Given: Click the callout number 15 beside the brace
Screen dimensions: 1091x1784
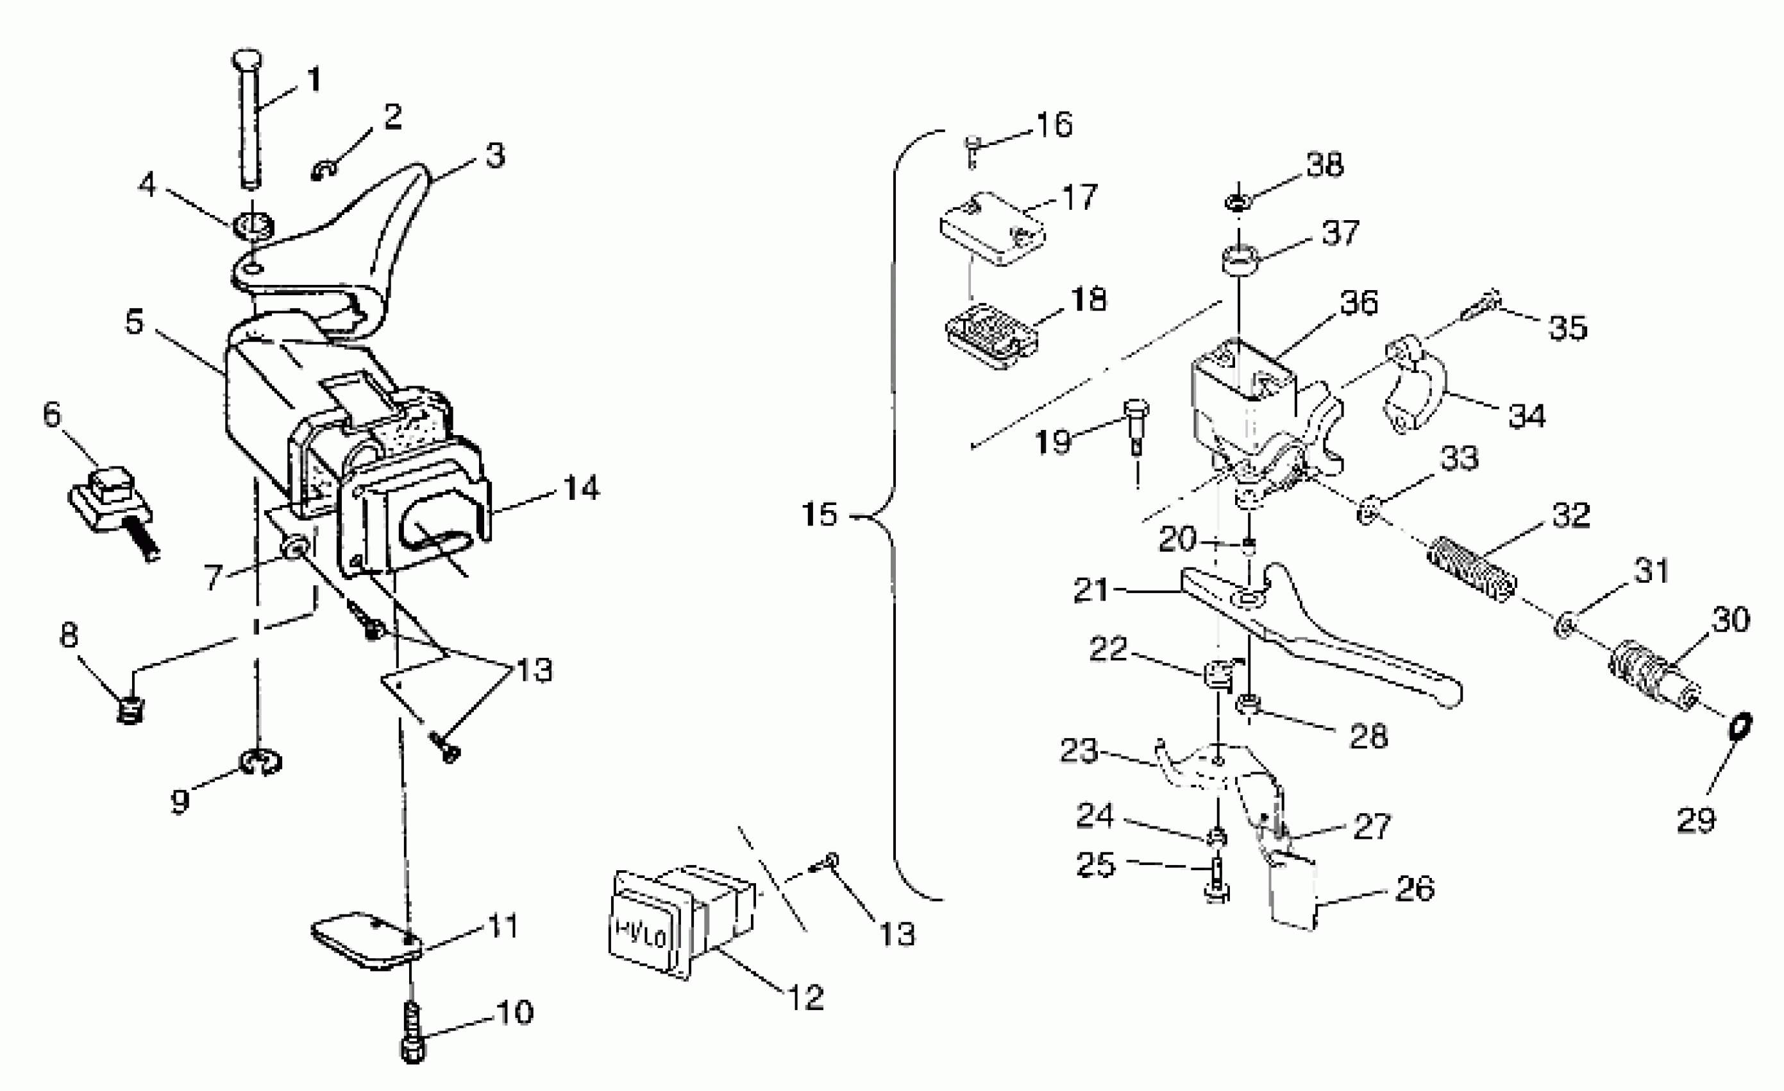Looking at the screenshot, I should [819, 515].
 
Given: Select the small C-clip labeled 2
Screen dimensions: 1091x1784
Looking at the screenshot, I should [325, 171].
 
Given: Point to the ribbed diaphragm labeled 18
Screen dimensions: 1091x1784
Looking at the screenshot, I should [993, 337].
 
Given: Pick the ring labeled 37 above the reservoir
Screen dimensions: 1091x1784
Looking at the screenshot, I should [1240, 261].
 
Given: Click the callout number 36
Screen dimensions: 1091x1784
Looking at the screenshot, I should [1359, 303].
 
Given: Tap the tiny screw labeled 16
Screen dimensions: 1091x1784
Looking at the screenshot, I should [972, 150].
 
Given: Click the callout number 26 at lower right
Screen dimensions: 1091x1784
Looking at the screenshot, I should [1414, 888].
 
